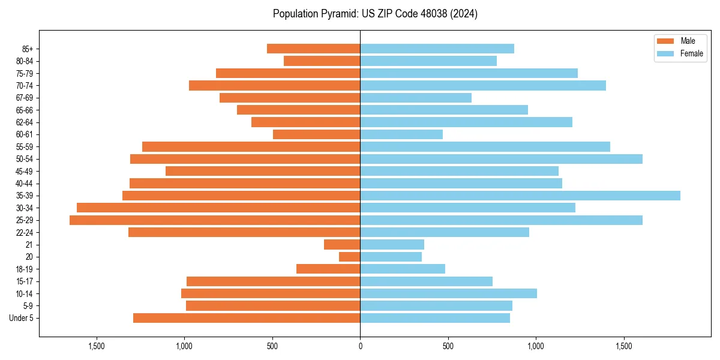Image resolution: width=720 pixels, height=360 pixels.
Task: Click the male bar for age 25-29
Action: tap(215, 220)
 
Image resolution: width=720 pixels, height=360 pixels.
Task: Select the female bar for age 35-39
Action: tap(520, 196)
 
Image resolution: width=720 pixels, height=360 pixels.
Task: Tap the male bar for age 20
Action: tap(350, 257)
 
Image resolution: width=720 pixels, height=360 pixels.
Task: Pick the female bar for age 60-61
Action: tap(401, 134)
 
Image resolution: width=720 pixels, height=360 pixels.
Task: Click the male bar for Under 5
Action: tap(247, 318)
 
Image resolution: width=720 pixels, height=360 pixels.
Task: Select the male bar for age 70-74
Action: tap(275, 86)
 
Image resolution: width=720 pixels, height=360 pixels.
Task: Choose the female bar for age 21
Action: tap(392, 245)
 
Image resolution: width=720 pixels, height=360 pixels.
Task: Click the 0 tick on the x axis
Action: tap(360, 346)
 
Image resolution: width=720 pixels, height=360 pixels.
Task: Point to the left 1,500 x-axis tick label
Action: tap(97, 346)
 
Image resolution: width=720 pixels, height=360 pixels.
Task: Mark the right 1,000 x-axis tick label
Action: tap(536, 346)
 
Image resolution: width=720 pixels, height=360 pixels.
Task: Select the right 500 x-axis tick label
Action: tap(448, 346)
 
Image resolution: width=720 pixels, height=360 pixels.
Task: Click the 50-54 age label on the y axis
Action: tap(25, 159)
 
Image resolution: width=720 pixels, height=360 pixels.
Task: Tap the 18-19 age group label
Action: tap(25, 269)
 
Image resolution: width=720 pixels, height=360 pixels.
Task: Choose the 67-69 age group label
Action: tap(25, 98)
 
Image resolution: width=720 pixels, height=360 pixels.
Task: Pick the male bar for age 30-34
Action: tap(218, 208)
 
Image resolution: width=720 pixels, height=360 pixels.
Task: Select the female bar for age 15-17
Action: tap(426, 281)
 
